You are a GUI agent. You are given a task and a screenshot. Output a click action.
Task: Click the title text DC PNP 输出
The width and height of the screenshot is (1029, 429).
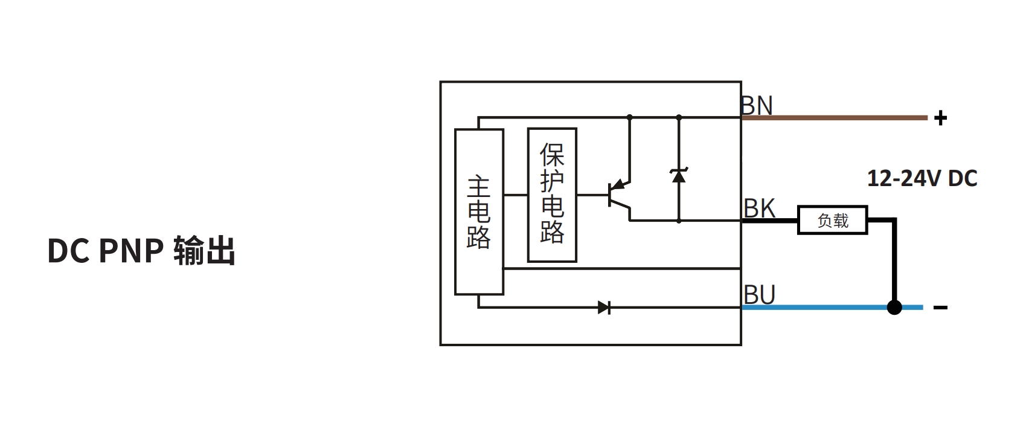click(x=141, y=251)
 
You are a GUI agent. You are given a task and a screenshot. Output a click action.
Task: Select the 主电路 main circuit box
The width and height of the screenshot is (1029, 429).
click(x=479, y=211)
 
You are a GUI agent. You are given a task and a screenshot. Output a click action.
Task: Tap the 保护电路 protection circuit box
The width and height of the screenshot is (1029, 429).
click(x=552, y=195)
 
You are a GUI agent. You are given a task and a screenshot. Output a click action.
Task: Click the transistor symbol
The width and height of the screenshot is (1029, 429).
click(x=619, y=195)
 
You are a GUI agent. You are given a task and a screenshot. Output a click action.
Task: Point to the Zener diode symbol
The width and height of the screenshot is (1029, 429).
click(x=679, y=175)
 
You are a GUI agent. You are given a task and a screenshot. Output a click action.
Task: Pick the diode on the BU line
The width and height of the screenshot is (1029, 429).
click(x=604, y=308)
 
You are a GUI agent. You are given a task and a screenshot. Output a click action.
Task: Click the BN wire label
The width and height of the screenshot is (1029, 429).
click(x=757, y=106)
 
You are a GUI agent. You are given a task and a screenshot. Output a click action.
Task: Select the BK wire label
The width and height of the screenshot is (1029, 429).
click(x=759, y=208)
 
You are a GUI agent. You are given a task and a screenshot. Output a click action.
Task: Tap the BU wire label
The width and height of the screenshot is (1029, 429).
click(x=760, y=295)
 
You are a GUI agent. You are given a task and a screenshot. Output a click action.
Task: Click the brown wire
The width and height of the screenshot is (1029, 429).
click(x=833, y=118)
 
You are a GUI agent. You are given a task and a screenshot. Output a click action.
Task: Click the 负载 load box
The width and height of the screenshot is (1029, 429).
click(x=832, y=221)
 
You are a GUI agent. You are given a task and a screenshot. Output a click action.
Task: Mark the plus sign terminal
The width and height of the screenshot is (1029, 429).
click(x=940, y=118)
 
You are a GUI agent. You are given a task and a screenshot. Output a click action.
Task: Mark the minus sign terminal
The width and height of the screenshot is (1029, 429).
click(x=940, y=308)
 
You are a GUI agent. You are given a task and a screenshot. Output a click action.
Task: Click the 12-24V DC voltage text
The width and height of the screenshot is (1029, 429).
click(x=922, y=178)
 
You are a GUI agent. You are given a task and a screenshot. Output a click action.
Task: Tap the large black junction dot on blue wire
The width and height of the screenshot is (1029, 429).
click(x=894, y=308)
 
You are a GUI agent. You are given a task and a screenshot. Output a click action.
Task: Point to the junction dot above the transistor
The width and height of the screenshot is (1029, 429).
click(x=630, y=117)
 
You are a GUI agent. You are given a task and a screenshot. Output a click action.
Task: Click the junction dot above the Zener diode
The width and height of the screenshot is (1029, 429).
click(x=679, y=117)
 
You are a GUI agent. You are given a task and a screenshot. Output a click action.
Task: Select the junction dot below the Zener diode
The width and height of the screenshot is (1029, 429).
click(x=679, y=221)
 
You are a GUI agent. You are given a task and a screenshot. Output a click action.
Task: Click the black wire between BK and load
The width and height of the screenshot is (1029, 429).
click(x=770, y=221)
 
